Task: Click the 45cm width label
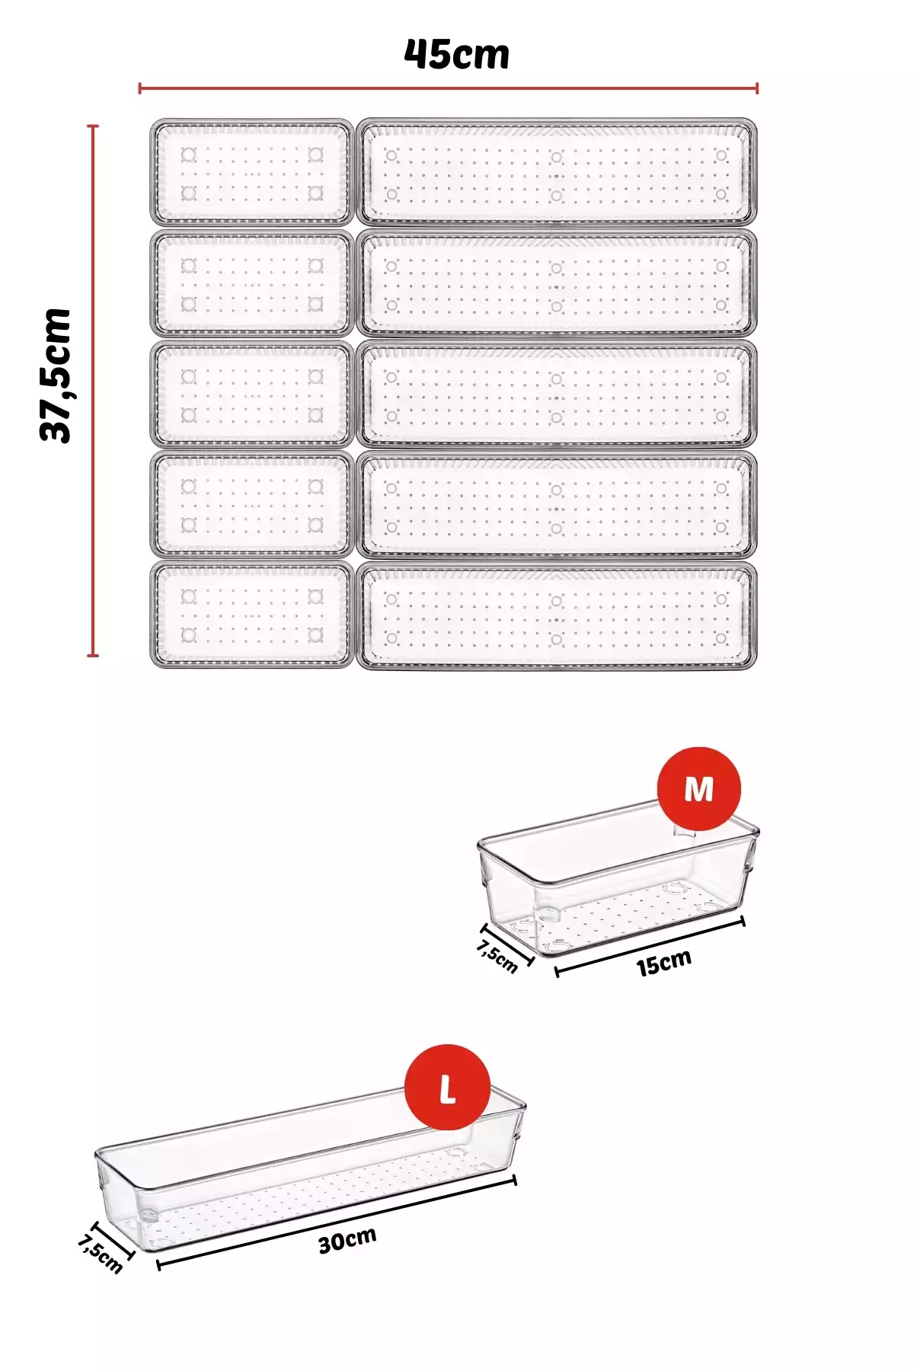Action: point(456,54)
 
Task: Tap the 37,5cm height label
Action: point(56,375)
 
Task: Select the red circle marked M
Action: point(698,788)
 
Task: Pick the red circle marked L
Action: point(447,1087)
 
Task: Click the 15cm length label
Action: point(664,963)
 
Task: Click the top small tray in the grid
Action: point(252,172)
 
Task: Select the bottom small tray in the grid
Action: point(252,615)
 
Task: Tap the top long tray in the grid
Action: point(557,172)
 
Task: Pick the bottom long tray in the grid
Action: point(557,615)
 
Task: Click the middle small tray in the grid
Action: point(252,394)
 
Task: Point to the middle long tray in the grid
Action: point(557,394)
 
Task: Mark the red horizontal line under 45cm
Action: point(448,88)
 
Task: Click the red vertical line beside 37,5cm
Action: point(93,390)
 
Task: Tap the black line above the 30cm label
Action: point(337,1222)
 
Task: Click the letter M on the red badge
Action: point(698,789)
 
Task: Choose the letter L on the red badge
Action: point(448,1089)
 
